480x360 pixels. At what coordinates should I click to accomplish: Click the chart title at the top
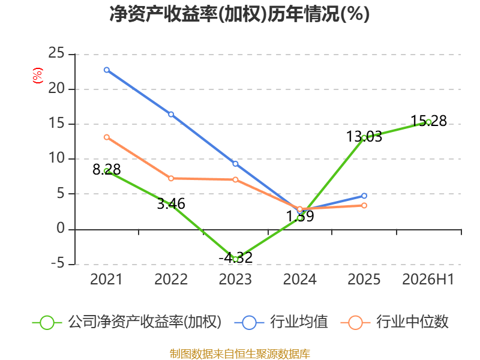(x=239, y=14)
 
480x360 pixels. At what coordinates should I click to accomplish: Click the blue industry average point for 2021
(x=107, y=70)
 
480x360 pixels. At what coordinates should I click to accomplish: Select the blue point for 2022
(x=171, y=114)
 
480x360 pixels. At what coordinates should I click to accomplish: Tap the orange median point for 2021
(x=107, y=137)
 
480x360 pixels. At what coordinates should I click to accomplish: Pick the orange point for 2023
(x=235, y=179)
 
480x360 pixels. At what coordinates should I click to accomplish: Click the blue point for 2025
(x=364, y=196)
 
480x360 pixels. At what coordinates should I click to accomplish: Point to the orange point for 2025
(x=364, y=205)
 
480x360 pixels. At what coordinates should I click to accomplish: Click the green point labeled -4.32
(x=235, y=259)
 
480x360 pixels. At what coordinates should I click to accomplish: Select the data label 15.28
(x=428, y=121)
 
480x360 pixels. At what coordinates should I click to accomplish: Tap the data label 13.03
(x=364, y=137)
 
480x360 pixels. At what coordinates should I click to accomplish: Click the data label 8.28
(x=107, y=170)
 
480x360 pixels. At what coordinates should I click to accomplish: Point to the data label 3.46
(x=171, y=203)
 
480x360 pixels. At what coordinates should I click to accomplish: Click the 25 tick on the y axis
(x=56, y=53)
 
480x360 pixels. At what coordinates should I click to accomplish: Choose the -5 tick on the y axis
(x=58, y=263)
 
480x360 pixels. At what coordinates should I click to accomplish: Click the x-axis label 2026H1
(x=428, y=279)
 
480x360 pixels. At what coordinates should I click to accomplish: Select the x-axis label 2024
(x=299, y=279)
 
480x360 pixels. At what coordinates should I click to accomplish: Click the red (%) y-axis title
(x=38, y=76)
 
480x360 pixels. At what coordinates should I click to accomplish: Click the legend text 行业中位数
(x=412, y=322)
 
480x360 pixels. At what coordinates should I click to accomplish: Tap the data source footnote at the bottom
(x=240, y=354)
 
